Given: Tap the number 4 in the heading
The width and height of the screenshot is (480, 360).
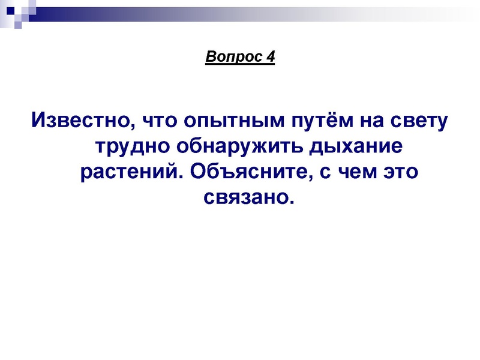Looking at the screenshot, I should pos(271,57).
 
